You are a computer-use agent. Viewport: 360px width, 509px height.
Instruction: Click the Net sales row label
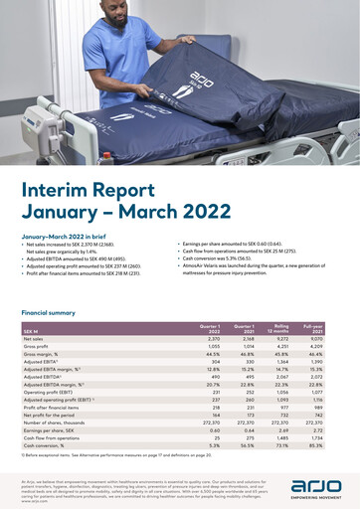click(x=35, y=339)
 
